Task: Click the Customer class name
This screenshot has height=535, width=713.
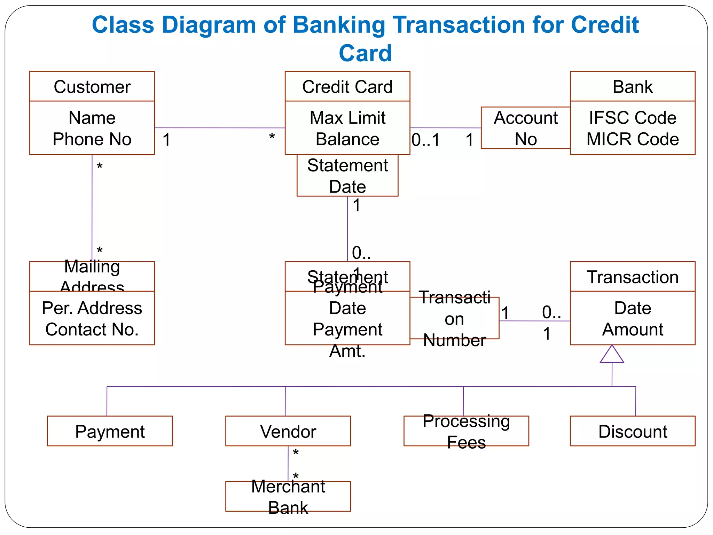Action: pyautogui.click(x=92, y=87)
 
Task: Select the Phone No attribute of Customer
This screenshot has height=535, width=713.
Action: pyautogui.click(x=92, y=139)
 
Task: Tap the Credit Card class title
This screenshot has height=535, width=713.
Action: pyautogui.click(x=347, y=87)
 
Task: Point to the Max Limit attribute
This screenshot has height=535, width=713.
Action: pyautogui.click(x=347, y=118)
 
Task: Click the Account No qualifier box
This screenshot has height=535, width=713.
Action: pyautogui.click(x=525, y=128)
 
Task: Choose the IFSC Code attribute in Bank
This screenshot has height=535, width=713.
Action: pyautogui.click(x=632, y=118)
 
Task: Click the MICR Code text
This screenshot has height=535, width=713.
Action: pyautogui.click(x=632, y=139)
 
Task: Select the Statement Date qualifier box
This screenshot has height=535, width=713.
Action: pyautogui.click(x=347, y=176)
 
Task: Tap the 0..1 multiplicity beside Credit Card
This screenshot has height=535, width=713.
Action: pyautogui.click(x=425, y=140)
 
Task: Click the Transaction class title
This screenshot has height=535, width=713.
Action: pyautogui.click(x=632, y=277)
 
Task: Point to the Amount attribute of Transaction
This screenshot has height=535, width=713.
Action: pyautogui.click(x=632, y=329)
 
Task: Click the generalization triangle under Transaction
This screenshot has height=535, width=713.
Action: pyautogui.click(x=612, y=355)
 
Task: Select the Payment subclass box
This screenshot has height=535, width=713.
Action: pyautogui.click(x=110, y=431)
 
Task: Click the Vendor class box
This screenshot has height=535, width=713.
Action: pyautogui.click(x=288, y=431)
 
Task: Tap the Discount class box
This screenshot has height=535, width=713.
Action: pyautogui.click(x=632, y=431)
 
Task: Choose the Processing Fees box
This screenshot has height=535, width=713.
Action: pyautogui.click(x=466, y=431)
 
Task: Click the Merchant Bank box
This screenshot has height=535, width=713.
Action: pyautogui.click(x=288, y=497)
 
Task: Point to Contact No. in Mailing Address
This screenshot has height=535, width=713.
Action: pyautogui.click(x=92, y=329)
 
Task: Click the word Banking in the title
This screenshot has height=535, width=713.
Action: pyautogui.click(x=338, y=25)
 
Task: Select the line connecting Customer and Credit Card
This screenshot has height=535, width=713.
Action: pyautogui.click(x=219, y=128)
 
